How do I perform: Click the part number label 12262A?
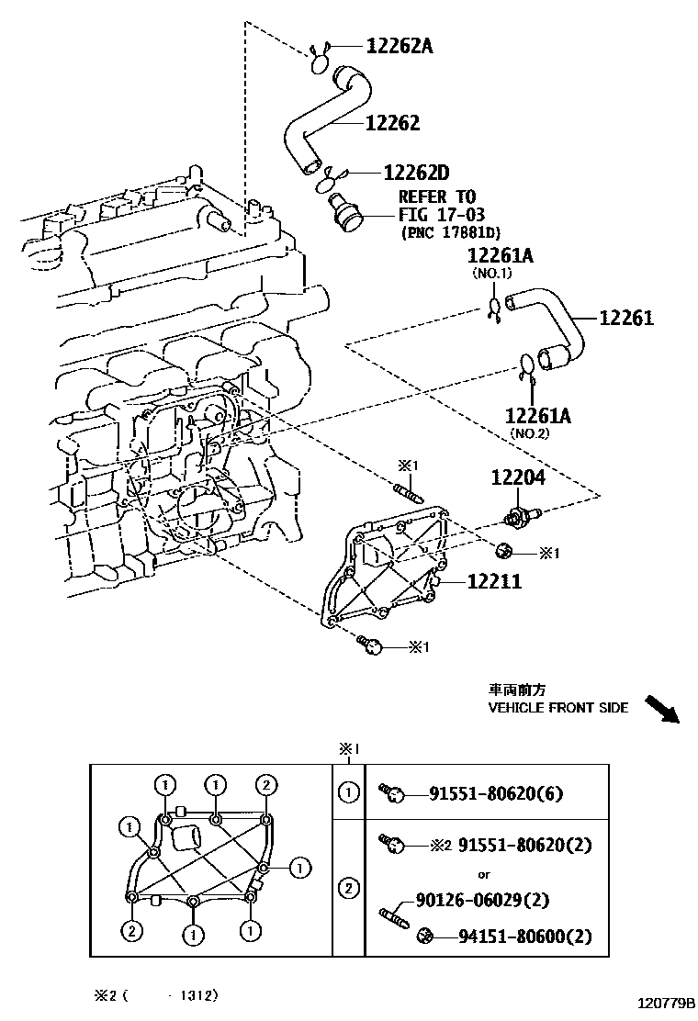pyautogui.click(x=399, y=45)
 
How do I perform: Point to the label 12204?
pyautogui.click(x=517, y=478)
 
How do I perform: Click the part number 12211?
pyautogui.click(x=494, y=580)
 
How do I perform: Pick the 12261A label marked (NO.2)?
pyautogui.click(x=538, y=416)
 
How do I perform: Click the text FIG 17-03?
pyautogui.click(x=437, y=214)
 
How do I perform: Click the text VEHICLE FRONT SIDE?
pyautogui.click(x=557, y=708)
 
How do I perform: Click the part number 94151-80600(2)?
pyautogui.click(x=525, y=937)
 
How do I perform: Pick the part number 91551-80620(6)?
pyautogui.click(x=497, y=793)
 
